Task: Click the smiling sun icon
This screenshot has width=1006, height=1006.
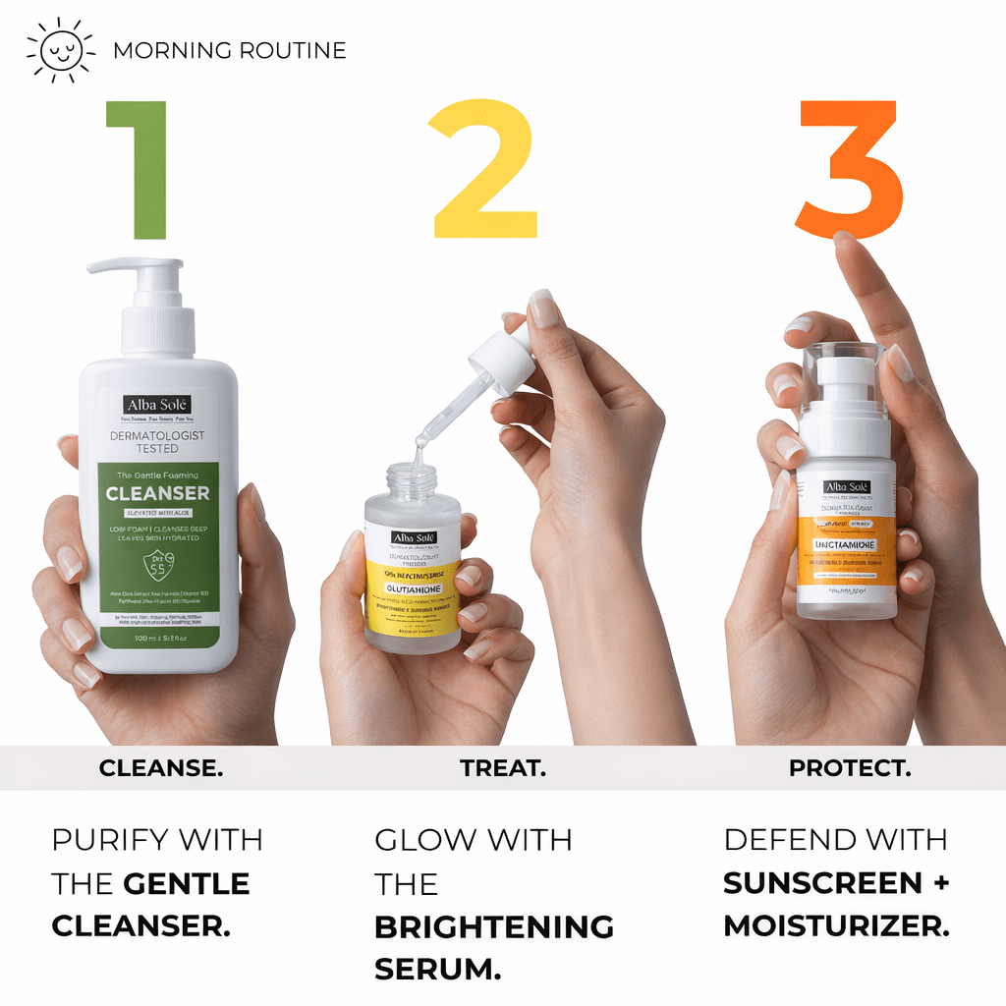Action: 60,50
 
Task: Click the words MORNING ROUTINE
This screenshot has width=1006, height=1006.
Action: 230,50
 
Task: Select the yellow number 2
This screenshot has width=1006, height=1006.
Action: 485,169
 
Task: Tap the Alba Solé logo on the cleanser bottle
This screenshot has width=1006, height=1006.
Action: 157,405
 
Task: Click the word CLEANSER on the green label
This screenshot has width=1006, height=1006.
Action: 157,492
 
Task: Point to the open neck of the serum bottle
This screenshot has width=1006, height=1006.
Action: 411,478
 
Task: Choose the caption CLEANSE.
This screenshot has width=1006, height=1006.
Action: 161,768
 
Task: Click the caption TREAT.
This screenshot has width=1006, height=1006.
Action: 503,768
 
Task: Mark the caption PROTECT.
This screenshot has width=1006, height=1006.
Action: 850,768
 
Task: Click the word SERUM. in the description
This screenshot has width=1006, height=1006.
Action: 437,970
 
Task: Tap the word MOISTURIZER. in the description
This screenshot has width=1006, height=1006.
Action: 836,926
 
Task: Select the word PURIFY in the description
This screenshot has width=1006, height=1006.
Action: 109,840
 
